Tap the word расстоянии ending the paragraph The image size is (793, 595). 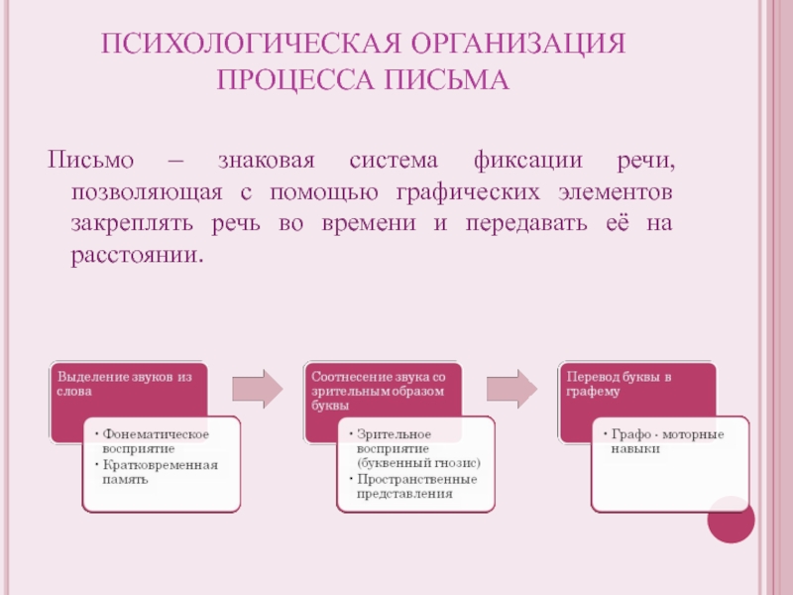coord(135,255)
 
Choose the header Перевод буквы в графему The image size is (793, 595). coord(619,384)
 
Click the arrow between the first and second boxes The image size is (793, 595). coord(257,388)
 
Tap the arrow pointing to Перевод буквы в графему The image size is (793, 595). coord(511,388)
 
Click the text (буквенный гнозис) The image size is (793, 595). coord(416,463)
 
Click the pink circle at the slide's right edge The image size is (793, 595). coord(734,519)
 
